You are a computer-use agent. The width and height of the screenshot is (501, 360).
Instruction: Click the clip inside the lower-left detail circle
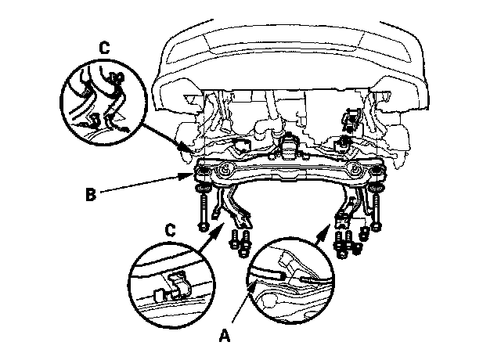(175, 286)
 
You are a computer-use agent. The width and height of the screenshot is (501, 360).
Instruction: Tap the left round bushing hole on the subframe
(225, 170)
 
